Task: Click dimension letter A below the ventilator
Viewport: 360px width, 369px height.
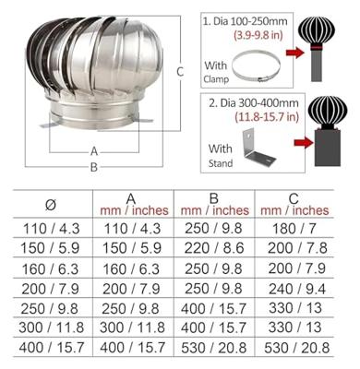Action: click(94, 151)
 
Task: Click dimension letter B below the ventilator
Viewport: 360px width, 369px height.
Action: click(94, 167)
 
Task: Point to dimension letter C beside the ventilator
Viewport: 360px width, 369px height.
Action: click(180, 72)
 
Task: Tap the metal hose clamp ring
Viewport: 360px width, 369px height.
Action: click(256, 65)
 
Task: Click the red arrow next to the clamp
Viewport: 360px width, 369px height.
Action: click(295, 53)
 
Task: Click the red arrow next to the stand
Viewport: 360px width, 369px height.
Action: click(304, 142)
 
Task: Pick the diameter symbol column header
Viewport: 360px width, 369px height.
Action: click(51, 205)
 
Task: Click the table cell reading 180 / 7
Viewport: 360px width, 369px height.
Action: click(294, 229)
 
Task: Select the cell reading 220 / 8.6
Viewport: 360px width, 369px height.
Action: click(214, 248)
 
